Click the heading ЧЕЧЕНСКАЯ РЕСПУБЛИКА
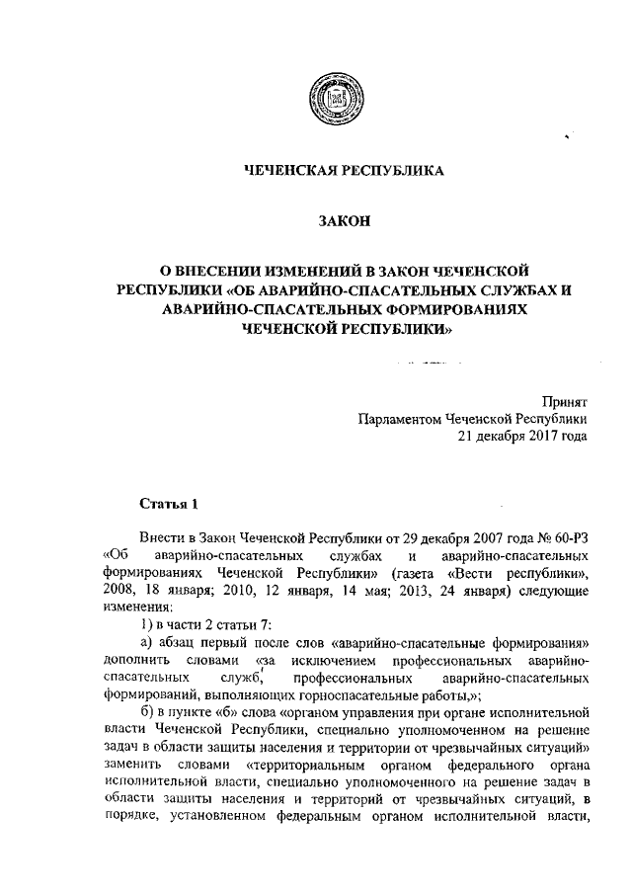pos(345,171)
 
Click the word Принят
pos(565,401)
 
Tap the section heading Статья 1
pos(169,504)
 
